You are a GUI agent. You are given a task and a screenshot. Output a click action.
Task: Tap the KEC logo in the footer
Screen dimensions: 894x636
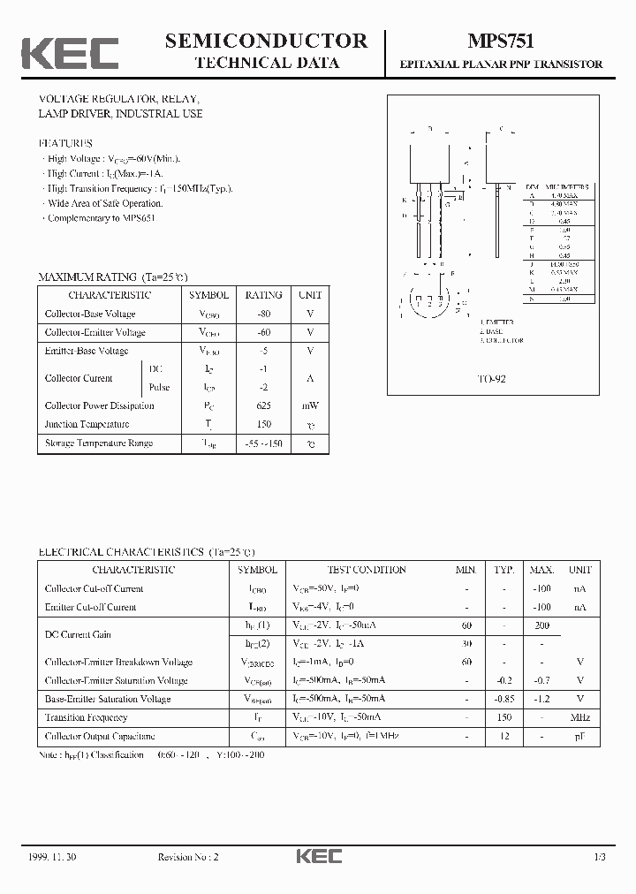pos(318,856)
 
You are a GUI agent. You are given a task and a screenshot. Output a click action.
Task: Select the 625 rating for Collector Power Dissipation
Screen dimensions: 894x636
pos(263,406)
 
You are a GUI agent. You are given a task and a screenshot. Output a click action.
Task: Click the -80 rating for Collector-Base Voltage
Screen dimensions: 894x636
pos(263,314)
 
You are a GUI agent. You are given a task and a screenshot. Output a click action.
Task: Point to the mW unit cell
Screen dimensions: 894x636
pos(310,406)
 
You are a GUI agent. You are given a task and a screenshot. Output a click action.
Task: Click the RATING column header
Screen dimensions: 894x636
pos(263,295)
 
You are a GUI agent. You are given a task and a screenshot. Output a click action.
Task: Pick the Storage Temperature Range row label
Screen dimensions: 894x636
pos(99,443)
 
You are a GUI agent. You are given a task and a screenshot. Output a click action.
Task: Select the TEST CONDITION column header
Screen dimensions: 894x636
pos(366,570)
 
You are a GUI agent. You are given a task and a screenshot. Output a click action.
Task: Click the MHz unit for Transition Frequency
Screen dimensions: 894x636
pos(579,718)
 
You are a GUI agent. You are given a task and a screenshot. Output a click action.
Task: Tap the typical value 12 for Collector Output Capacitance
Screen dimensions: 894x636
pos(503,737)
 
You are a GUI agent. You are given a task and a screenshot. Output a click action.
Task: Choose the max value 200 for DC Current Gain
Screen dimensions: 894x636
pos(541,625)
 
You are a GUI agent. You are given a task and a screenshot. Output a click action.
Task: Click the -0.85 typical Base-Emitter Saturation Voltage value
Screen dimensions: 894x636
pos(503,700)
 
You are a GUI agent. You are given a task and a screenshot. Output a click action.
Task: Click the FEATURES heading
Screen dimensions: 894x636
pos(65,143)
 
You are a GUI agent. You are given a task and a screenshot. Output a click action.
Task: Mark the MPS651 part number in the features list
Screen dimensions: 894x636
pos(137,218)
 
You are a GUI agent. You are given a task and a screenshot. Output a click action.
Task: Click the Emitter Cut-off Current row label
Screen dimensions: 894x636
pos(91,608)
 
